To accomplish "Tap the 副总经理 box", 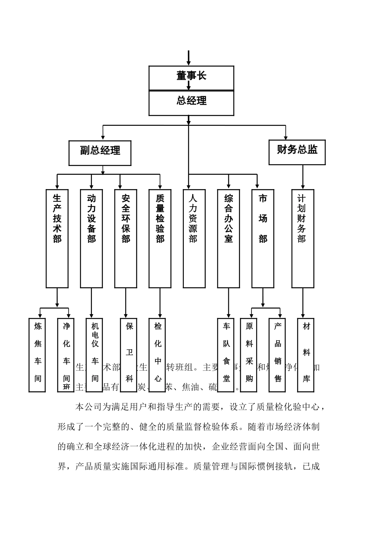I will tap(100, 153).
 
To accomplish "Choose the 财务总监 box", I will tap(297, 152).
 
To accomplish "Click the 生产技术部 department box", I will tap(57, 238).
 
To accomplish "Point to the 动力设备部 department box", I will tap(92, 238).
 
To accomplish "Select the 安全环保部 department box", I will tap(126, 238).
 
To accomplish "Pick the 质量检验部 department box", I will tap(160, 238).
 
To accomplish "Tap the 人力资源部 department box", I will tap(194, 238).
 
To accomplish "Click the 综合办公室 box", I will tap(228, 238).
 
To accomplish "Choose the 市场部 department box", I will tap(263, 238).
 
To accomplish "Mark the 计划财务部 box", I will tap(303, 238).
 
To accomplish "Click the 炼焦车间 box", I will tap(37, 355).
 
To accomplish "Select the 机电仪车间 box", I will tap(95, 355).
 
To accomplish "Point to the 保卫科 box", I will tap(129, 355).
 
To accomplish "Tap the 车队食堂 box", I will tap(226, 355).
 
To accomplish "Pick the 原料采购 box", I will tap(249, 355).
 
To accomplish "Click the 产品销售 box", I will tap(278, 355).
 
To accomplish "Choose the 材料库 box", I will tap(306, 355).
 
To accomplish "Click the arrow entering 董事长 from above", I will tap(189, 58).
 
